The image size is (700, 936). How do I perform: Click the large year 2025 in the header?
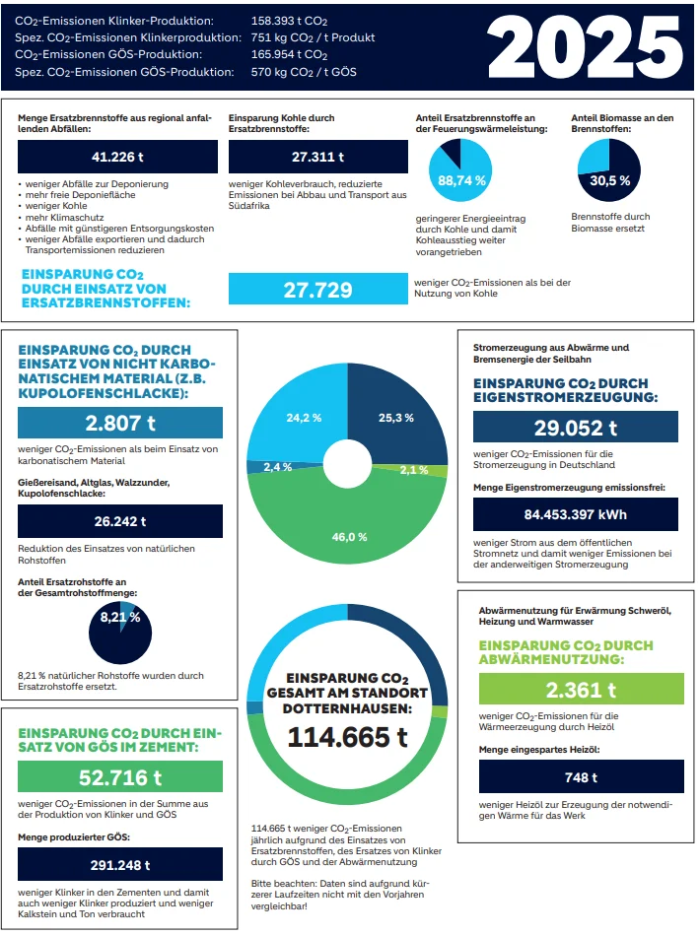[x=584, y=47]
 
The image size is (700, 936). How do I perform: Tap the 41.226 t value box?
[x=117, y=157]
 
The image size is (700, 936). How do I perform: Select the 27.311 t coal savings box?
[x=317, y=157]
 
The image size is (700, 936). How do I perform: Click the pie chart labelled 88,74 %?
[x=460, y=170]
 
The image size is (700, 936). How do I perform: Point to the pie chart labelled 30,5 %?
[x=609, y=170]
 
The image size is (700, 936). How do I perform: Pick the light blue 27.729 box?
[x=317, y=290]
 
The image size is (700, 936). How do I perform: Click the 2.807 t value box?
[x=120, y=423]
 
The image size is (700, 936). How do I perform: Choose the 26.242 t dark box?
[x=120, y=521]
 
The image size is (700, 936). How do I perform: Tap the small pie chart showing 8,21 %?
[x=120, y=633]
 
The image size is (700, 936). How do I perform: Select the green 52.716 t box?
[x=120, y=777]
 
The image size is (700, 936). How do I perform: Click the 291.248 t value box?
[x=120, y=864]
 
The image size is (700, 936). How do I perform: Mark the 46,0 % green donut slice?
[x=348, y=525]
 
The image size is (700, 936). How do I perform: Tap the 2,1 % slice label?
[x=414, y=470]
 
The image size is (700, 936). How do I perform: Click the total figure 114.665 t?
[x=348, y=737]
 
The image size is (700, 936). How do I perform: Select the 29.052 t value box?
[x=575, y=427]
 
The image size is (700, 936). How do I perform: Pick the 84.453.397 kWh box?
[x=575, y=514]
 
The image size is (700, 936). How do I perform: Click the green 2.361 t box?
[x=581, y=689]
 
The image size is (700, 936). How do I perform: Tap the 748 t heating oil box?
[x=581, y=776]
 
